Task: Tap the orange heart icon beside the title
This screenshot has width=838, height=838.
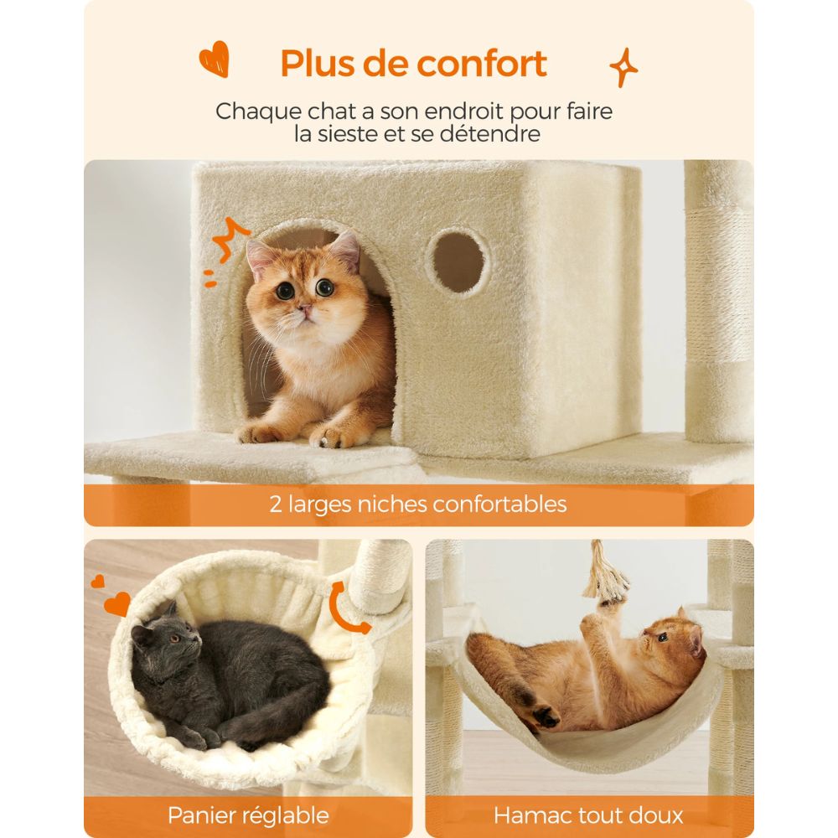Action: (214, 60)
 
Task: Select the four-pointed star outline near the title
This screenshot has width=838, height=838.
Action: (623, 68)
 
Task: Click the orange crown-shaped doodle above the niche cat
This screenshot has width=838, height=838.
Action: (231, 239)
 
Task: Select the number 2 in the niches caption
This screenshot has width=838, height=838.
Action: (276, 504)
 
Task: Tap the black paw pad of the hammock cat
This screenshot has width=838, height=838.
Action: (546, 716)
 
